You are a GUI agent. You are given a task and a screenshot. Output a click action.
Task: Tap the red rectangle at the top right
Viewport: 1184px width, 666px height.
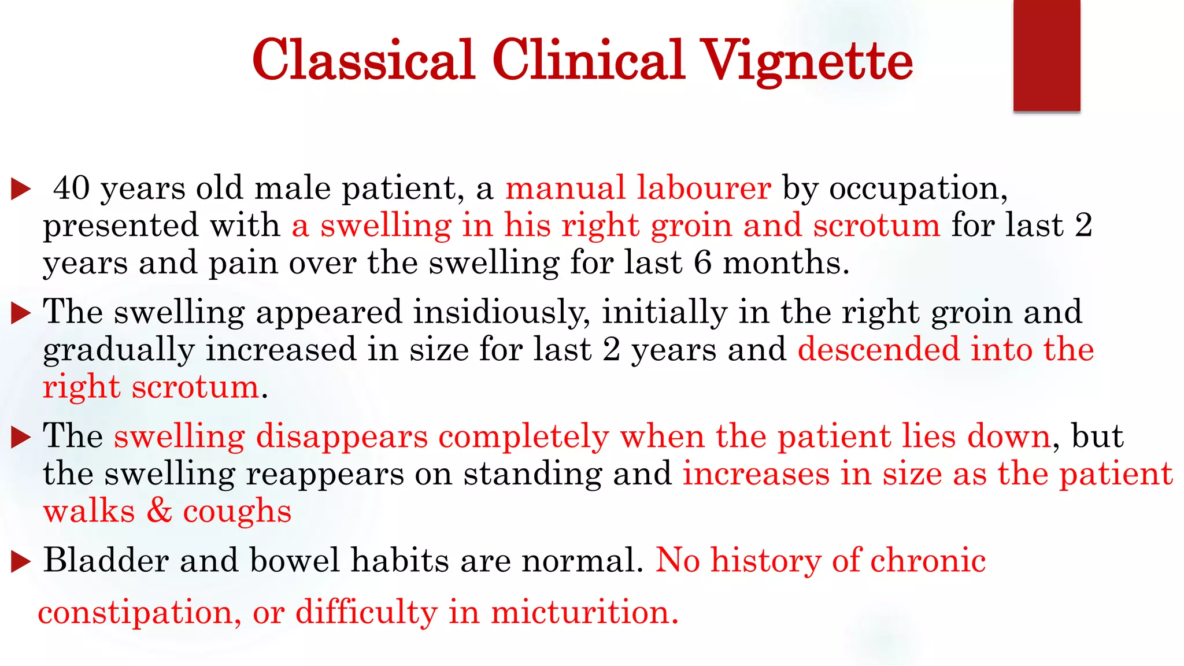click(x=1046, y=55)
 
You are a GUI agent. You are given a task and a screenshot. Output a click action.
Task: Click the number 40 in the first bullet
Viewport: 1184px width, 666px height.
click(x=72, y=188)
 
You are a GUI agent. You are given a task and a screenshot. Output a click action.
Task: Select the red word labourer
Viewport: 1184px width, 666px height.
click(x=704, y=188)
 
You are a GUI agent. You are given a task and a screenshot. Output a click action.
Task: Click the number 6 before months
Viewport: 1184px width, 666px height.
click(x=702, y=262)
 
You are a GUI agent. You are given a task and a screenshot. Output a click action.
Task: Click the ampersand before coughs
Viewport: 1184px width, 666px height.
click(x=159, y=511)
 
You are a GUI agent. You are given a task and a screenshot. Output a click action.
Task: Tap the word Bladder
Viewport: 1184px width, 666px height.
click(x=105, y=560)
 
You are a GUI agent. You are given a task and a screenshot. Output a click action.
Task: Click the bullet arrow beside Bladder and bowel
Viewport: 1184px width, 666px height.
click(x=21, y=561)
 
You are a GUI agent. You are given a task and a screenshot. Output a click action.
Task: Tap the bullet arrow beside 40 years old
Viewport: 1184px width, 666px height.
click(x=21, y=189)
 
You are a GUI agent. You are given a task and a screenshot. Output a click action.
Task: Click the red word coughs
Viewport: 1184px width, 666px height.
click(x=237, y=512)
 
